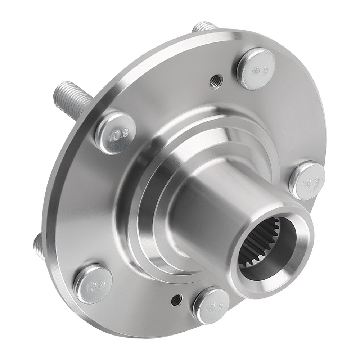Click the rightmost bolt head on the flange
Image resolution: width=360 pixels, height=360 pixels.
[x=307, y=180]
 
